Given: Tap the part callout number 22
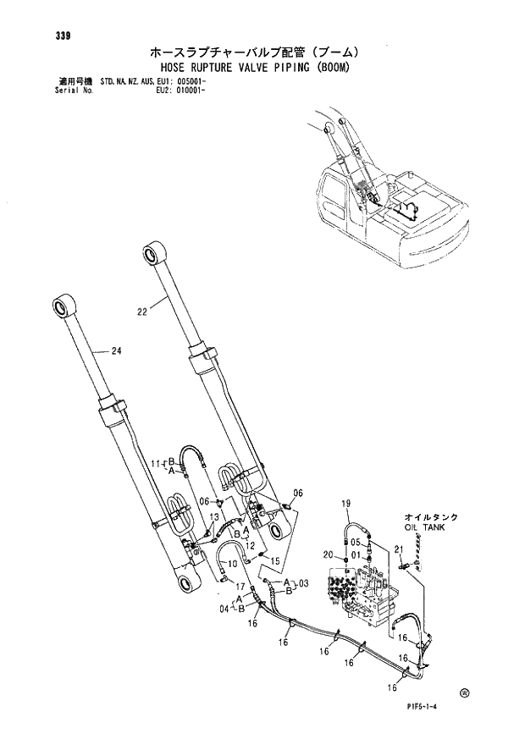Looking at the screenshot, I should coord(142,312).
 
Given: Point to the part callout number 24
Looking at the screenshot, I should coord(116,352).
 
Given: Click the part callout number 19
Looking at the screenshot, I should coord(345,505).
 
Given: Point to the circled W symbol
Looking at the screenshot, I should coord(464,693).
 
